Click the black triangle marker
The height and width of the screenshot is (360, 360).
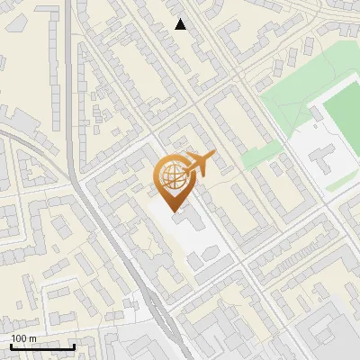tap(181, 24)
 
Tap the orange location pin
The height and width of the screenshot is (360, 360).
tap(175, 179)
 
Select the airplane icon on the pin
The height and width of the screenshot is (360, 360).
tap(199, 163)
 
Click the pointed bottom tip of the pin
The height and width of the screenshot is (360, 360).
tap(175, 211)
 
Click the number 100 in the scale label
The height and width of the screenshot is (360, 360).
tap(19, 338)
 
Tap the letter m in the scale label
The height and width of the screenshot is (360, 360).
tap(32, 338)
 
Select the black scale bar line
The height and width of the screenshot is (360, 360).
tap(42, 346)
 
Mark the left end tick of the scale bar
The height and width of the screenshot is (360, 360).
tap(11, 346)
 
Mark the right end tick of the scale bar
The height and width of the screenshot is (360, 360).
tap(74, 346)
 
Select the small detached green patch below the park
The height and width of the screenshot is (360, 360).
tap(258, 155)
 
